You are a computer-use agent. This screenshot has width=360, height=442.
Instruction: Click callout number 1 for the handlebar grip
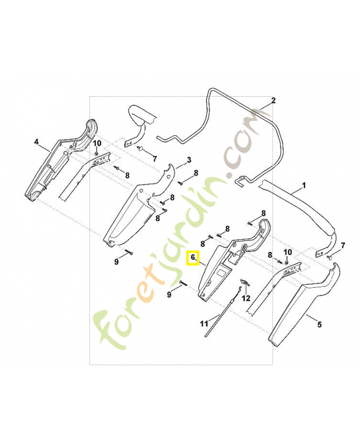304,186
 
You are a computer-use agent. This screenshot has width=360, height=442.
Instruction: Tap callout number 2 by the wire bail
273,101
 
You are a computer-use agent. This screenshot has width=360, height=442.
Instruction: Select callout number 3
189,160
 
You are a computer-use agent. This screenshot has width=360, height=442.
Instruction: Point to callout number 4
36,142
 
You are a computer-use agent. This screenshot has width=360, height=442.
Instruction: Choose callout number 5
320,324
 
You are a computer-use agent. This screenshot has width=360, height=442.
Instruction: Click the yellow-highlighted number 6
193,257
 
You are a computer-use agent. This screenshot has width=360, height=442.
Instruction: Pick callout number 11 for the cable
204,324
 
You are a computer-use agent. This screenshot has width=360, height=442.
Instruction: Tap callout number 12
246,298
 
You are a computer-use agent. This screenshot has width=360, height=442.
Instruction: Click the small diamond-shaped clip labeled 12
244,282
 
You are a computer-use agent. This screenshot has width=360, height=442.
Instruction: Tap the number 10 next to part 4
97,143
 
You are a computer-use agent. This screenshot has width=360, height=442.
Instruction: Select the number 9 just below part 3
117,261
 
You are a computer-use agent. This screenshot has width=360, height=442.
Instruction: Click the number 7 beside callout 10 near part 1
343,246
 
